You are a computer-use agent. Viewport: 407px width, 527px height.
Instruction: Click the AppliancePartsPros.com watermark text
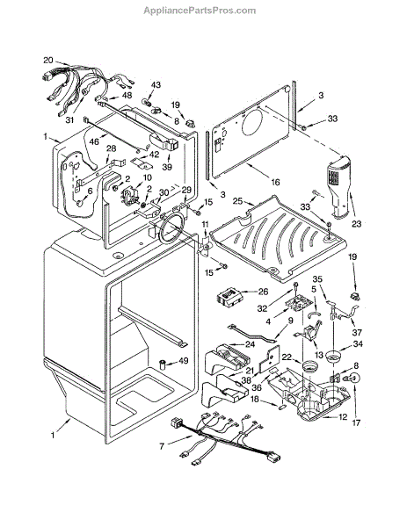pyautogui.click(x=200, y=11)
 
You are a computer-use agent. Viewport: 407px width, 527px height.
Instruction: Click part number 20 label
pyautogui.click(x=48, y=60)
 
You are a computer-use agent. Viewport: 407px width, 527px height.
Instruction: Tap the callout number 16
pyautogui.click(x=275, y=182)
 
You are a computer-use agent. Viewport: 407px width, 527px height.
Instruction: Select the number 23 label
pyautogui.click(x=356, y=223)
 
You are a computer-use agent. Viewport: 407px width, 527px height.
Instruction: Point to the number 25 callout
pyautogui.click(x=237, y=201)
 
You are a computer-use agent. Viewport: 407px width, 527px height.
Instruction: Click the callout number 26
pyautogui.click(x=264, y=292)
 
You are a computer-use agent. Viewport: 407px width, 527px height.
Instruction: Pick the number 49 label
pyautogui.click(x=184, y=361)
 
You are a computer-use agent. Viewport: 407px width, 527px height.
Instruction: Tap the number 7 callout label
pyautogui.click(x=162, y=447)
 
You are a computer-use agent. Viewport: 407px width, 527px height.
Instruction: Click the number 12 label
pyautogui.click(x=343, y=417)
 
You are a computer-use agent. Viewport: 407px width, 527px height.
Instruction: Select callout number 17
pyautogui.click(x=356, y=422)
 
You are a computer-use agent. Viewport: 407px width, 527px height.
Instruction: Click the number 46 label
pyautogui.click(x=94, y=141)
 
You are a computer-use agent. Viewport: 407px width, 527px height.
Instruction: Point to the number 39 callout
pyautogui.click(x=167, y=167)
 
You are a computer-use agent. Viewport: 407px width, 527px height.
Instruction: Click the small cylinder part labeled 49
pyautogui.click(x=163, y=364)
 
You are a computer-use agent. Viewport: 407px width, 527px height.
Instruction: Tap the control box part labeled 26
pyautogui.click(x=229, y=297)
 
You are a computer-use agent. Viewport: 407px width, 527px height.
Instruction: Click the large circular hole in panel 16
pyautogui.click(x=251, y=125)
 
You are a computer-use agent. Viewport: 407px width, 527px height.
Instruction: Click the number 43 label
pyautogui.click(x=156, y=84)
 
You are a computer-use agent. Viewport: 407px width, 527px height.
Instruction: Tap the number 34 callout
pyautogui.click(x=358, y=343)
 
